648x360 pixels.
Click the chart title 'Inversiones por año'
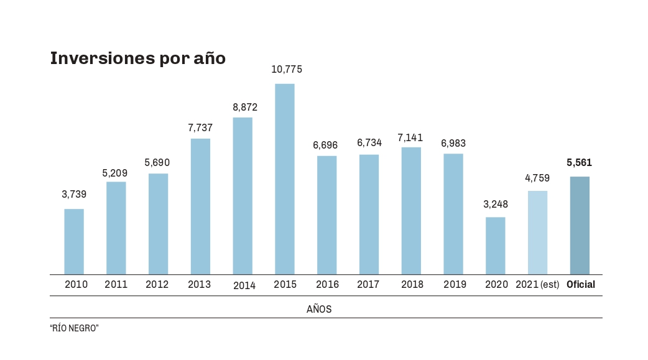(137, 58)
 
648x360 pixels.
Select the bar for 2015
(285, 179)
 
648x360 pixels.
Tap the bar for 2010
(74, 241)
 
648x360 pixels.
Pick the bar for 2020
(496, 246)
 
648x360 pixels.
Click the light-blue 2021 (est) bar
(538, 233)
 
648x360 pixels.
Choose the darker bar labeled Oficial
(580, 225)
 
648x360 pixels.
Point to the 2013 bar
(200, 206)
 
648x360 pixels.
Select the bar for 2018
(411, 211)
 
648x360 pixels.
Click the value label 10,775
(287, 70)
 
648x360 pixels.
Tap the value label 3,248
(496, 204)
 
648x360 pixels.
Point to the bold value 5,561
(580, 163)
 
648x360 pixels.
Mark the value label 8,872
(245, 107)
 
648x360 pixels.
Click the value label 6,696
(325, 145)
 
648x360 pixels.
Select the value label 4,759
(537, 178)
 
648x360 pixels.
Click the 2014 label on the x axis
(244, 285)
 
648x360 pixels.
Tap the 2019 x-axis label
(455, 285)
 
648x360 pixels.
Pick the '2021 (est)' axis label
(537, 285)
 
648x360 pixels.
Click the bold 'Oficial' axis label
(581, 285)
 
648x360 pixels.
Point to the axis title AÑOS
(319, 309)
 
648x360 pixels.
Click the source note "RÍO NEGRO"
(75, 328)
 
